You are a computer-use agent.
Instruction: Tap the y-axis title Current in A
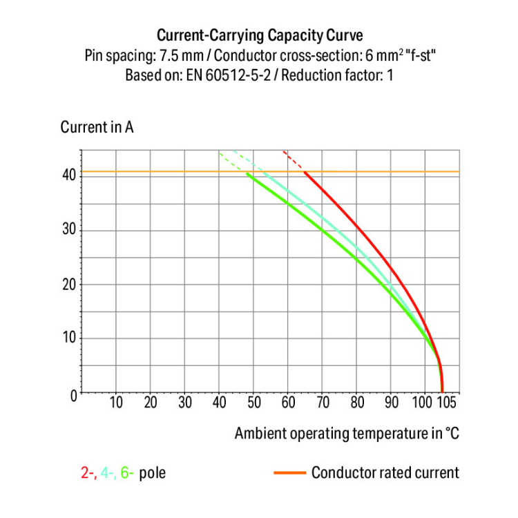coord(97,128)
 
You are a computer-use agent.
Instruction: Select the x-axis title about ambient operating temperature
coord(347,434)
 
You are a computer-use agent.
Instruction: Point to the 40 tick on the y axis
coord(68,175)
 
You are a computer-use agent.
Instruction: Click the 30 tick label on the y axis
coord(68,230)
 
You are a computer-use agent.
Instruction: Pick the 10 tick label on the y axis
coord(68,338)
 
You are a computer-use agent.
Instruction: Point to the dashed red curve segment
coord(293,160)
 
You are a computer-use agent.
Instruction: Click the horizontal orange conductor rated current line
coord(173,171)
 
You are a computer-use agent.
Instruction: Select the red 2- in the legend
coord(88,473)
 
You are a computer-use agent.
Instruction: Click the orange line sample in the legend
coord(290,473)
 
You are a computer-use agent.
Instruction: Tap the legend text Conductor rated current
coord(385,473)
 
